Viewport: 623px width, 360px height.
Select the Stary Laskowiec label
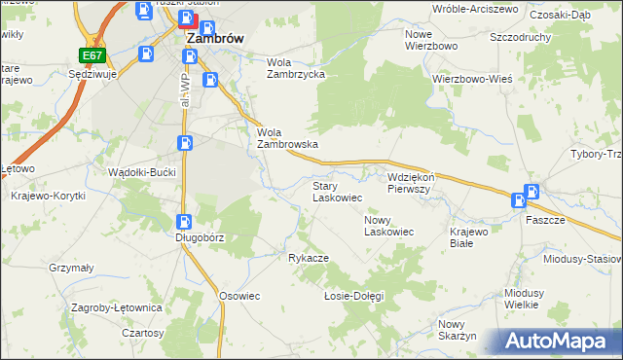337,191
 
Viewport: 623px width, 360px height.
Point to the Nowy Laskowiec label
389,226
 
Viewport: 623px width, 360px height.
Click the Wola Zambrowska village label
287,138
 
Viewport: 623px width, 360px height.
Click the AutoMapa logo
559,342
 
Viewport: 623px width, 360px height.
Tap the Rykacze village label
308,258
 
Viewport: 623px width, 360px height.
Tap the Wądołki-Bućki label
141,171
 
